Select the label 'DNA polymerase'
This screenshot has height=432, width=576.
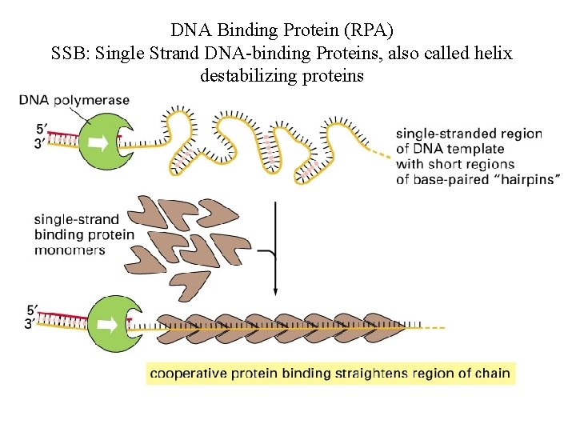(x=74, y=100)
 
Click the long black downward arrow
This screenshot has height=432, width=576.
(x=275, y=248)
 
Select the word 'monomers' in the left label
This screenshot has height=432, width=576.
(x=70, y=250)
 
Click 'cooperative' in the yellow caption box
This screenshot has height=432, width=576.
(x=187, y=373)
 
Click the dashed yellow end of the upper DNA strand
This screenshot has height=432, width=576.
(x=380, y=151)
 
